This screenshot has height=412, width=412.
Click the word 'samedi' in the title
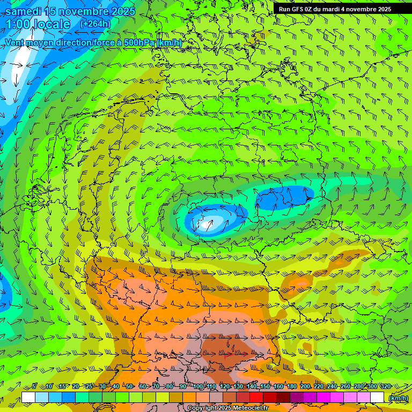pyautogui.click(x=24, y=11)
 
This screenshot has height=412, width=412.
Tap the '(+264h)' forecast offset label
pyautogui.click(x=95, y=24)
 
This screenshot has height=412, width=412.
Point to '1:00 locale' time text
pyautogui.click(x=38, y=24)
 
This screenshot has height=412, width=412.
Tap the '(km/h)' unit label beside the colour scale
pyautogui.click(x=398, y=398)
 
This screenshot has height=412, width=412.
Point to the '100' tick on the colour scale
pyautogui.click(x=198, y=387)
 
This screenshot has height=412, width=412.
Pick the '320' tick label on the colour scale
pyautogui.click(x=385, y=387)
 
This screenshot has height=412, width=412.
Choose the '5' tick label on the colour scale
pyautogui.click(x=34, y=387)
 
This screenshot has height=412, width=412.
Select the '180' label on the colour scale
pyautogui.click(x=291, y=387)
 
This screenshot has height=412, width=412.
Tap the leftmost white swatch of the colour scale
pyautogui.click(x=28, y=398)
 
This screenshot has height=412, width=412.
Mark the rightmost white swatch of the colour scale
pyautogui.click(x=377, y=398)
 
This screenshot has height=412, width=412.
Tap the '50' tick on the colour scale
pyautogui.click(x=129, y=387)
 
